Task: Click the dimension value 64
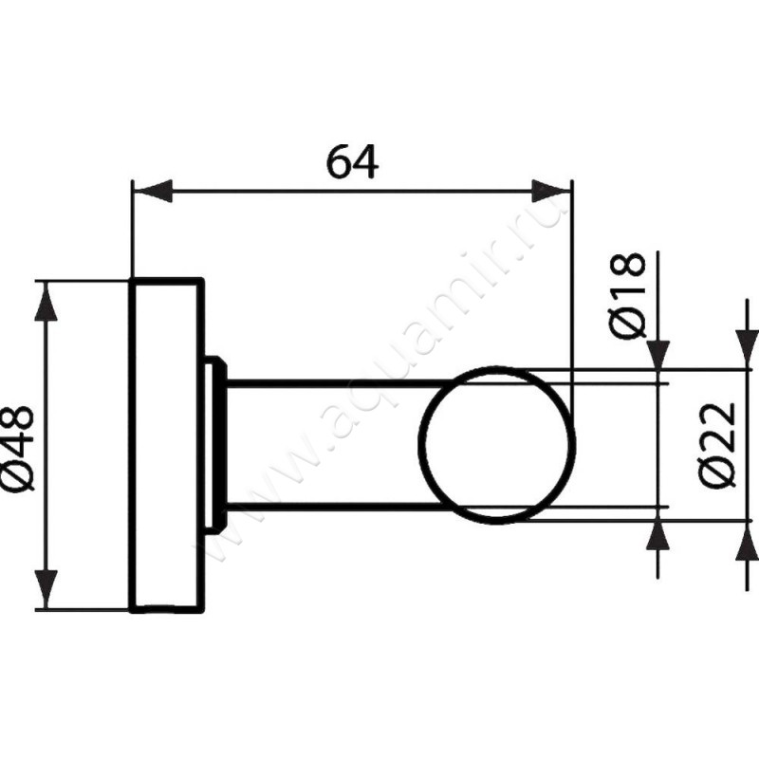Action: pyautogui.click(x=352, y=162)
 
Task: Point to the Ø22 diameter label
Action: pyautogui.click(x=722, y=444)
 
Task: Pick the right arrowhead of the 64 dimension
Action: pyautogui.click(x=552, y=191)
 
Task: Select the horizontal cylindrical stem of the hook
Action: pyautogui.click(x=323, y=443)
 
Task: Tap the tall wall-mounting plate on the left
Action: pyautogui.click(x=165, y=446)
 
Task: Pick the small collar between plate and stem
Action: pyautogui.click(x=215, y=444)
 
